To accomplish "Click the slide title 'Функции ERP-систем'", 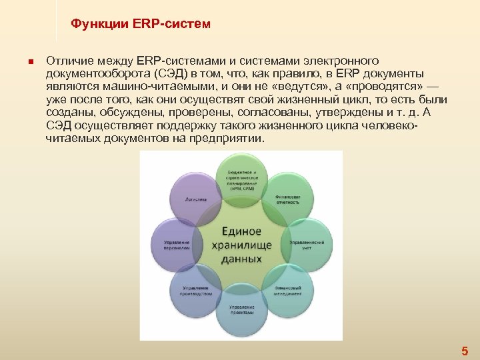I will point(141,25).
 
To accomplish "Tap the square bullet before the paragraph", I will point(30,62).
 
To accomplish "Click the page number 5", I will point(465,351).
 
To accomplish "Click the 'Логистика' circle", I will point(196,199).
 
